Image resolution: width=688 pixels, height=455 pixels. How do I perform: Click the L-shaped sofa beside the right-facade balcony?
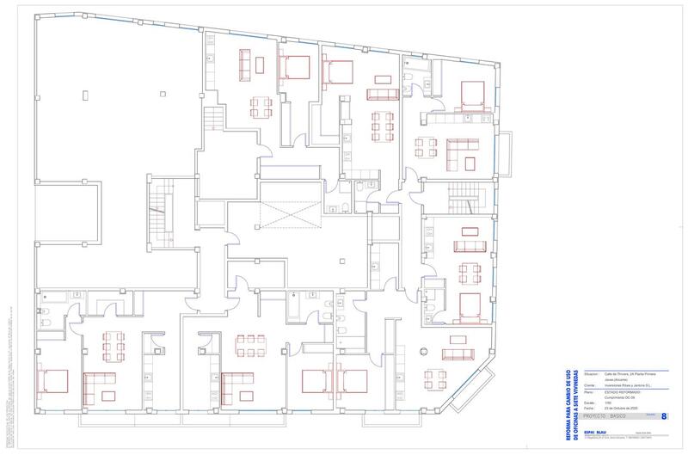click(463, 155)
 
